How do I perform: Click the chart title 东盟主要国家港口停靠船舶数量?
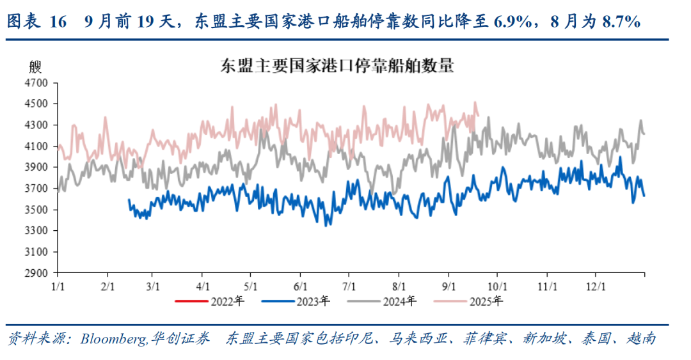[x=337, y=65]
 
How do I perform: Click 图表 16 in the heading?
[x=36, y=22]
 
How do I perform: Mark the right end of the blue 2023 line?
[x=644, y=196]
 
